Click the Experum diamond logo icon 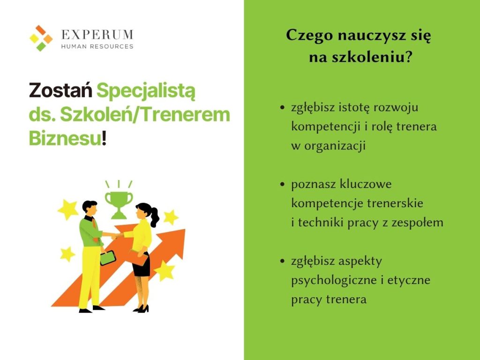pyautogui.click(x=41, y=38)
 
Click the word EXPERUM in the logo pyautogui.click(x=97, y=35)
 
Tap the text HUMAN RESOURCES pyautogui.click(x=97, y=46)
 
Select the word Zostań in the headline pyautogui.click(x=60, y=90)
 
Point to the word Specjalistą pyautogui.click(x=146, y=91)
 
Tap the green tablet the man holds pyautogui.click(x=108, y=258)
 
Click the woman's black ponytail pyautogui.click(x=154, y=216)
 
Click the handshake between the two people pyautogui.click(x=116, y=236)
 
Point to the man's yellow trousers pyautogui.click(x=90, y=277)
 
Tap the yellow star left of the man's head pyautogui.click(x=68, y=210)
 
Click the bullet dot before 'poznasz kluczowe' pyautogui.click(x=282, y=184)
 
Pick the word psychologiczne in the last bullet pyautogui.click(x=334, y=281)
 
